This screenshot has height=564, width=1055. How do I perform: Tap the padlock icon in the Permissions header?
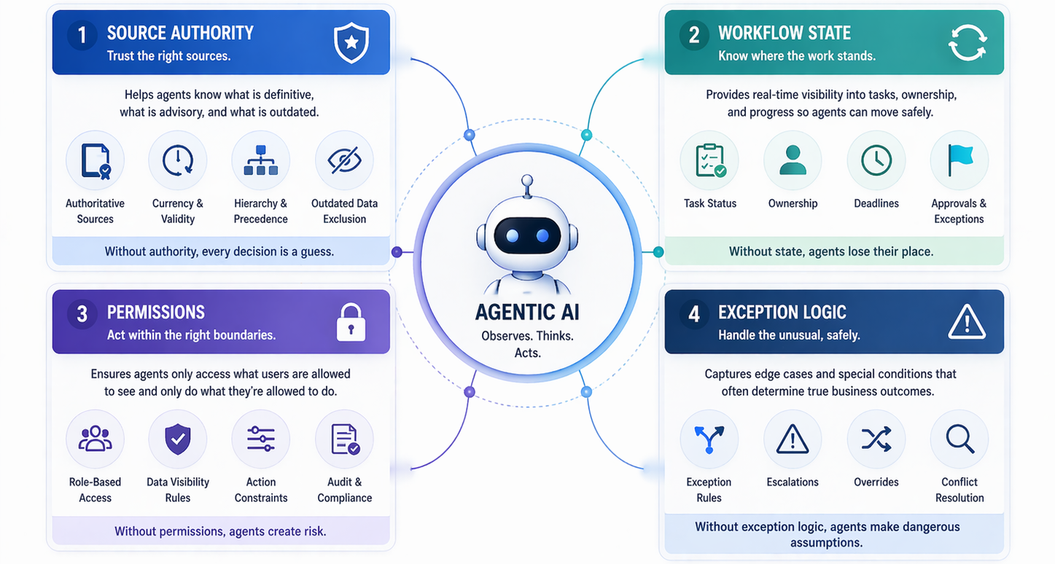point(351,322)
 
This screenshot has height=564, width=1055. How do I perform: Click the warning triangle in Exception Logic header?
point(967,321)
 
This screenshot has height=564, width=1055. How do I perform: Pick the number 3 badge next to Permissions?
point(82,314)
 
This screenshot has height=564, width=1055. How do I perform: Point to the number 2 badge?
point(694,35)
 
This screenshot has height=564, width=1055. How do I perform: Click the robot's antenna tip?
point(527,180)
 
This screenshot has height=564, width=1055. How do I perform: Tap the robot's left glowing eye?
point(513,235)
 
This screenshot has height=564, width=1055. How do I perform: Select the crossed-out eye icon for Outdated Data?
point(344,160)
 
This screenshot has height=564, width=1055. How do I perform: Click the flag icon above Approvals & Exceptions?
point(959,160)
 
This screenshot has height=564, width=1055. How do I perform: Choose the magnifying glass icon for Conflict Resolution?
point(959,439)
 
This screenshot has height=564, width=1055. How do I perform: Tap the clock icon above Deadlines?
point(876,160)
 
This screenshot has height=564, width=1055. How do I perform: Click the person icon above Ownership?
point(793,160)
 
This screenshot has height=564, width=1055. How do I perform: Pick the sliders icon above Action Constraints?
point(261,439)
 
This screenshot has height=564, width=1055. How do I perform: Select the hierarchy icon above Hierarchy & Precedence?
point(261,160)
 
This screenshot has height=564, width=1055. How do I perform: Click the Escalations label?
point(793,482)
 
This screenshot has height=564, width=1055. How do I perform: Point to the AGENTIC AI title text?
point(527,312)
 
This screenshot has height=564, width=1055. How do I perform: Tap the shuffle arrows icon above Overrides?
point(876,439)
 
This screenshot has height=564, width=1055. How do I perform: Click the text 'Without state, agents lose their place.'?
point(831,251)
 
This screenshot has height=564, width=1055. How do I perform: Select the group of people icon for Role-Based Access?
point(95,439)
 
